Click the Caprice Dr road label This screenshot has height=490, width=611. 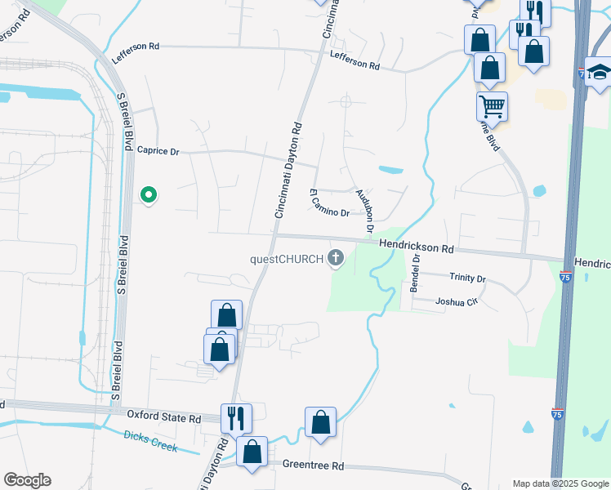coord(157,150)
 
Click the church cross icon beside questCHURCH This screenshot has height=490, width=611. coord(334,260)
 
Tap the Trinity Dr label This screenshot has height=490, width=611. coord(467,278)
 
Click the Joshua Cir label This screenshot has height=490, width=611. coord(456,302)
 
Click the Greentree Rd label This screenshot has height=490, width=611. coord(314,465)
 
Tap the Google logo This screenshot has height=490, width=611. coord(27,480)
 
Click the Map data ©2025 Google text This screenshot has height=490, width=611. coord(560,483)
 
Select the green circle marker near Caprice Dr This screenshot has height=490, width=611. coord(149,194)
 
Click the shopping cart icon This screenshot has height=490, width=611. coord(492,105)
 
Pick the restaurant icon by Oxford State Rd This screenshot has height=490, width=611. coord(236,417)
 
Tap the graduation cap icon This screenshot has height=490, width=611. coord(599,70)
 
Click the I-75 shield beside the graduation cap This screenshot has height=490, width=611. coord(581,73)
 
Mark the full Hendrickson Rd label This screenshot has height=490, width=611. coord(415,246)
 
